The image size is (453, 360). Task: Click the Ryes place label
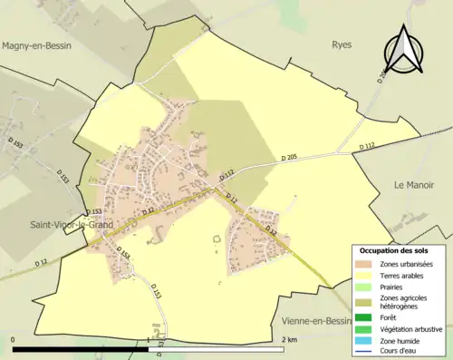[x=342, y=44]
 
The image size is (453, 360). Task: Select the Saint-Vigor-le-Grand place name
[x=68, y=224]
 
